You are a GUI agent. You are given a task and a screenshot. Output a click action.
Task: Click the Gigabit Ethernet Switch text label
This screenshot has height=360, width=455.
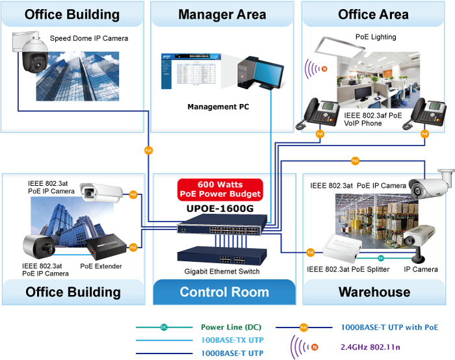221,272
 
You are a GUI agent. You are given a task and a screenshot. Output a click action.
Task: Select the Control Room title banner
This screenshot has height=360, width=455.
224,292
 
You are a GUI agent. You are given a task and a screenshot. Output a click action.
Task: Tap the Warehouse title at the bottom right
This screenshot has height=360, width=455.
374,292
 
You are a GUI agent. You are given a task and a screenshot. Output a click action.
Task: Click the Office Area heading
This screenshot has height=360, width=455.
374,14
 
